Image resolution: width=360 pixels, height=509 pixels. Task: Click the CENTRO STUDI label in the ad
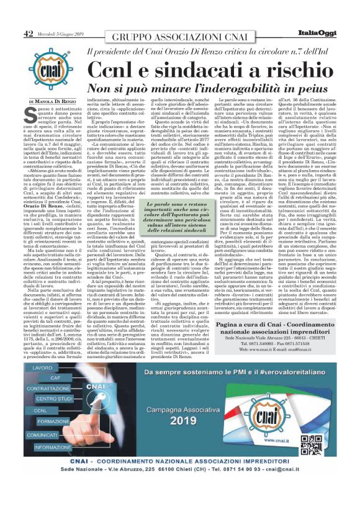click(x=56, y=400)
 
